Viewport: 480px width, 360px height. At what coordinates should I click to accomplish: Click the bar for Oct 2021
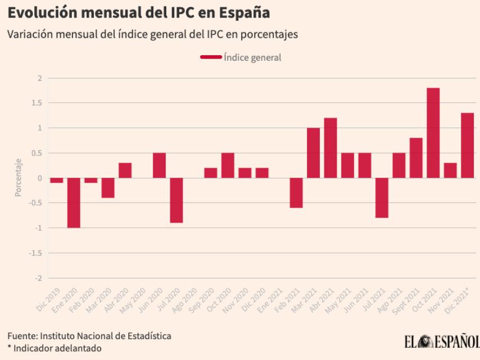433,133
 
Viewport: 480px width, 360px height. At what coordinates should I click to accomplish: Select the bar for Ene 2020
74,202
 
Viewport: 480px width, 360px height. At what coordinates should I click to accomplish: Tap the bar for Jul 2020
176,200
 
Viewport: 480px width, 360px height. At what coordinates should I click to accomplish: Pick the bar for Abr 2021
330,148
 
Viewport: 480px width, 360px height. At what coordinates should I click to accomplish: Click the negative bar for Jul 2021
382,198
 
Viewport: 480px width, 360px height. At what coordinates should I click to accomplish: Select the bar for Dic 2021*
467,145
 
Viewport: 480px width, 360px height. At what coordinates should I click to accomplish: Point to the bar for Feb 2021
296,193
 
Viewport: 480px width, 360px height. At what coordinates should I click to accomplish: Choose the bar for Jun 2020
159,165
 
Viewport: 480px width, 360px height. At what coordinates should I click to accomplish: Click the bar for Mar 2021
313,153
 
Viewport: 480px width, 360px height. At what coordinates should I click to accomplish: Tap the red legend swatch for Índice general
211,57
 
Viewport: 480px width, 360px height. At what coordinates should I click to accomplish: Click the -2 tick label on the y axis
39,278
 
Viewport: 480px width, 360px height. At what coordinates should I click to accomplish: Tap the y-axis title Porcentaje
18,178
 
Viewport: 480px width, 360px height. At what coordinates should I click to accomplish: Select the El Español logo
441,341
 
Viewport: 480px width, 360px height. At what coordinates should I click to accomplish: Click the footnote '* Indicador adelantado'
55,348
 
